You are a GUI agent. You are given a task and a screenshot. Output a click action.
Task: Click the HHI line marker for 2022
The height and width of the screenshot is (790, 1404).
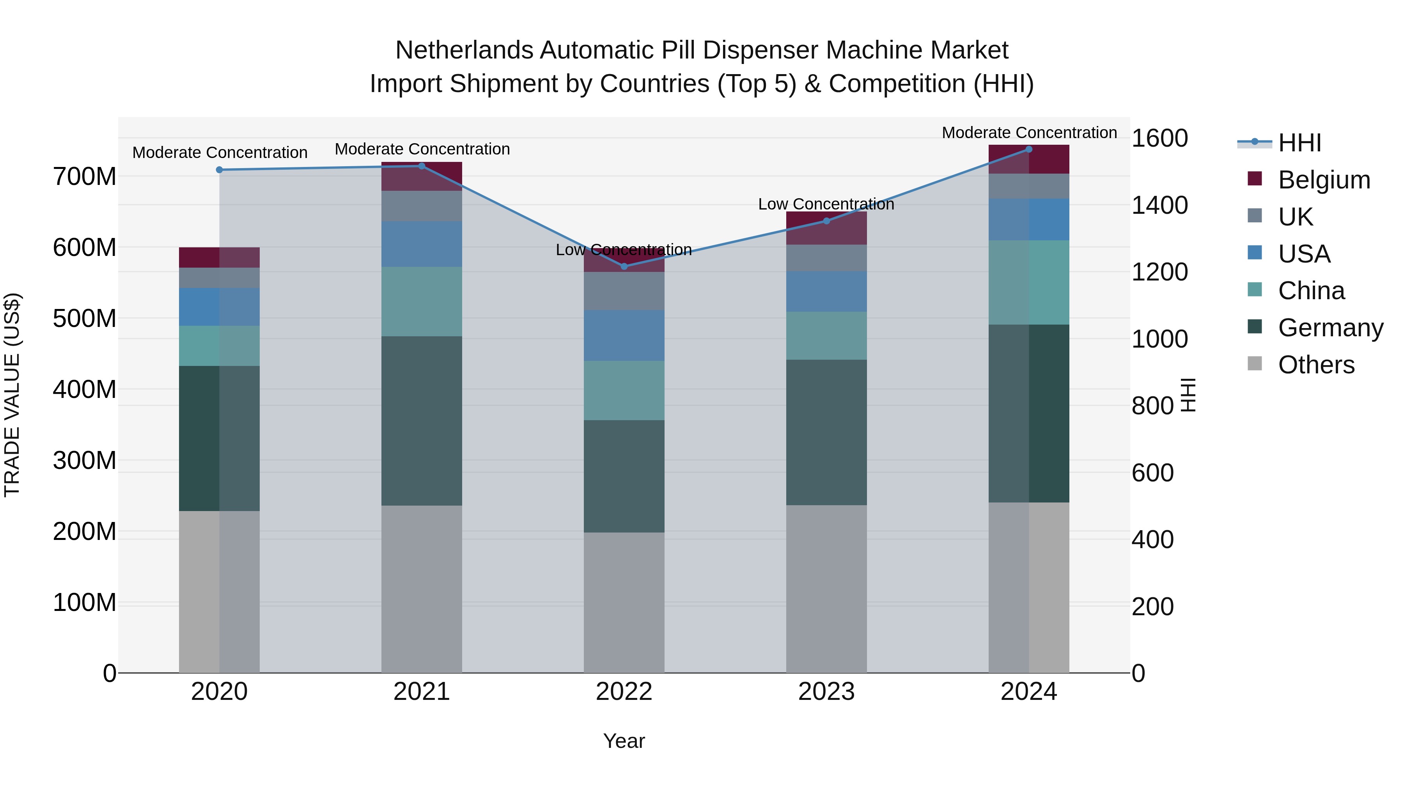point(624,266)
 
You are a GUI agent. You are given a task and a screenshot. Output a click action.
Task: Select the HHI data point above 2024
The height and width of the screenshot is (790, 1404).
point(1028,149)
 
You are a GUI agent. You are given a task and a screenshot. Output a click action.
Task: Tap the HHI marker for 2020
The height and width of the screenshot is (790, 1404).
point(219,170)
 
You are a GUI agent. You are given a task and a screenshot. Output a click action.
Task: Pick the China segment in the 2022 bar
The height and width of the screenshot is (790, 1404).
point(624,391)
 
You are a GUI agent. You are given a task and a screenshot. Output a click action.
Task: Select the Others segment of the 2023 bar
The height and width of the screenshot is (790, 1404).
point(826,589)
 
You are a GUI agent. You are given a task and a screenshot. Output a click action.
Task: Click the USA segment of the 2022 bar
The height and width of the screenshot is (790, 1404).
point(624,335)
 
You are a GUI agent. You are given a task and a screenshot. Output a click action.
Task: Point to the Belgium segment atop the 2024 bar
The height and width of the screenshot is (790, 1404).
point(1028,160)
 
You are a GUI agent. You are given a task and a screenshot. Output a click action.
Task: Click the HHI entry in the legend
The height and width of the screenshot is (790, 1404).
point(1299,143)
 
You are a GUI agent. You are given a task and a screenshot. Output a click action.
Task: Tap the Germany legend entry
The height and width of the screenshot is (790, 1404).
point(1330,328)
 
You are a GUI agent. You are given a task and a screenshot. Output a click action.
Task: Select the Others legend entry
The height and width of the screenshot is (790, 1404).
point(1316,365)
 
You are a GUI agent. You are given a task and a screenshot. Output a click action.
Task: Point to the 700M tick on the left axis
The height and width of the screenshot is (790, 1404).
point(85,177)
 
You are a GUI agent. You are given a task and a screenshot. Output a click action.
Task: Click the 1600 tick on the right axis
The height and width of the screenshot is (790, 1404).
point(1159,138)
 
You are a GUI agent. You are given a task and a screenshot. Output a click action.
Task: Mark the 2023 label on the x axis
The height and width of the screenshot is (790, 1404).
point(826,692)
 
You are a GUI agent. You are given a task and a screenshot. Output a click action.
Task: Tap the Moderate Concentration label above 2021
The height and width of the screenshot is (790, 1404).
point(422,149)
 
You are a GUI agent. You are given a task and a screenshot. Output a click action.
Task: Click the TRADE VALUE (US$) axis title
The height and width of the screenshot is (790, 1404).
point(12,395)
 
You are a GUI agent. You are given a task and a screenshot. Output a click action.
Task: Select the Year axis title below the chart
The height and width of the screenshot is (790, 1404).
point(624,741)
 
